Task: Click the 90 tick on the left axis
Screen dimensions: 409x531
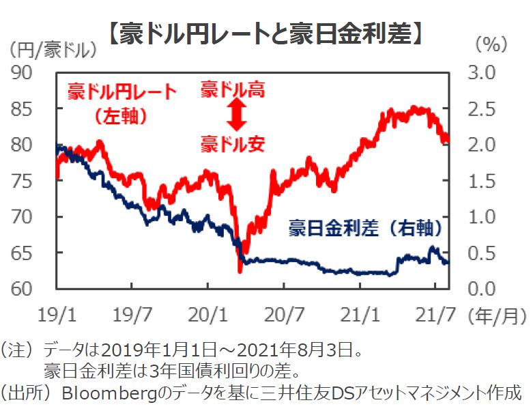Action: click(26, 72)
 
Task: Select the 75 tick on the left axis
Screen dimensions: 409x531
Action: click(26, 181)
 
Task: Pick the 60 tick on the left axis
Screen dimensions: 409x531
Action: click(26, 289)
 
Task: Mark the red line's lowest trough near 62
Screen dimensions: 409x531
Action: click(240, 271)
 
